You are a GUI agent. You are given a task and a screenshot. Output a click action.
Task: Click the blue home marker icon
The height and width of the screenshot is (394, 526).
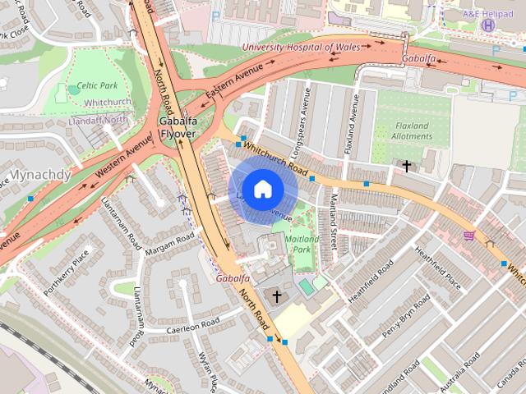click(262, 189)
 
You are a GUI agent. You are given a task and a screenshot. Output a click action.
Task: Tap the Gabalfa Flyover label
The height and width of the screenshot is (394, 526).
click(177, 127)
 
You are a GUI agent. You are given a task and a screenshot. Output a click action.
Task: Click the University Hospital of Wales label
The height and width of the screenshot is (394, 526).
click(301, 47)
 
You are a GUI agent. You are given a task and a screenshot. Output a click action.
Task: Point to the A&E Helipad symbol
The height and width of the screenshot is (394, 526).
click(489, 25)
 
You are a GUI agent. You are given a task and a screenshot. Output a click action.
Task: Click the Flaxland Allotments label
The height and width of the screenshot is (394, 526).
click(412, 131)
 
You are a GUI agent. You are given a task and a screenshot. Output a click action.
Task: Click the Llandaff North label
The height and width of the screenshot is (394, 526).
click(99, 120)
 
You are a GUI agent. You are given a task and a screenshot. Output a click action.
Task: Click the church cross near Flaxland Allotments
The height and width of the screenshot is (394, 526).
click(406, 166)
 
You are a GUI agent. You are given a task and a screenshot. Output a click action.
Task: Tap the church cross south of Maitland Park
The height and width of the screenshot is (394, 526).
click(277, 295)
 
